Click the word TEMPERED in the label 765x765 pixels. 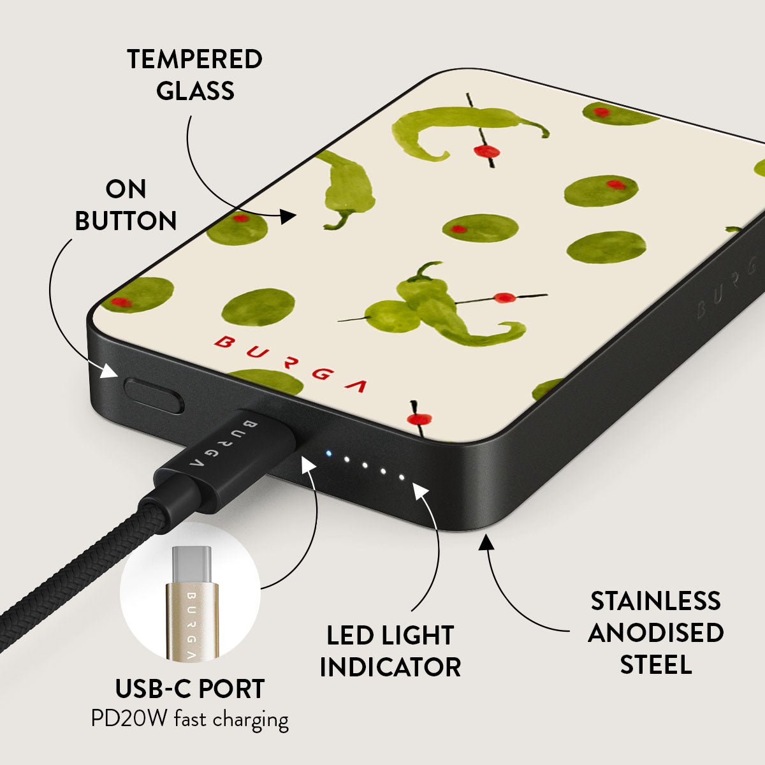point(194,59)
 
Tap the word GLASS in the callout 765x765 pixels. point(195,91)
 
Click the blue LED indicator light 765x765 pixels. point(328,453)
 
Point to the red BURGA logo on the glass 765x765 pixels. point(290,363)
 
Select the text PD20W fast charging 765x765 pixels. point(190,719)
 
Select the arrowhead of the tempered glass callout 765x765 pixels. point(288,216)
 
